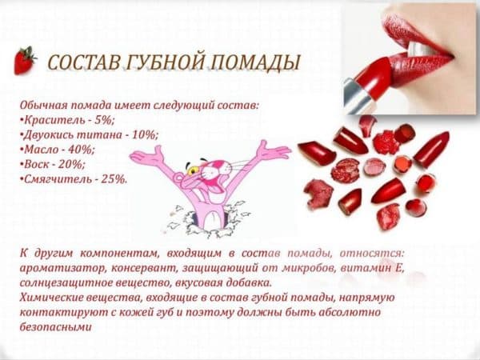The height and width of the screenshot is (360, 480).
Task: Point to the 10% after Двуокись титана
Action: [145, 134]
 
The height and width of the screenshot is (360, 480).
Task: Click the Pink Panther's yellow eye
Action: [193, 170]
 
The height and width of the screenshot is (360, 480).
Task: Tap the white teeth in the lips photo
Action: [420, 48]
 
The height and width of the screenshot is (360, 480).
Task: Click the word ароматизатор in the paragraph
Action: [63, 268]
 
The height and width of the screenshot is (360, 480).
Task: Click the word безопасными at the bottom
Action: [56, 327]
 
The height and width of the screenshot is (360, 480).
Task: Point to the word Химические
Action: [51, 298]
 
